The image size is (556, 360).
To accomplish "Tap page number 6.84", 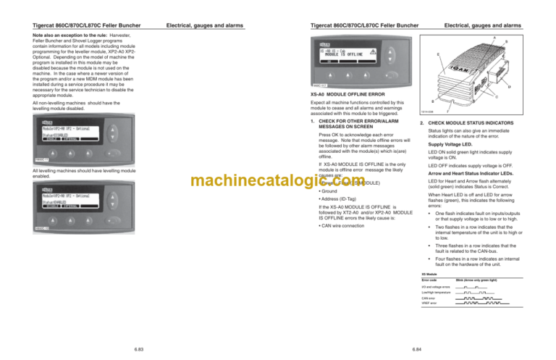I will click(418, 348).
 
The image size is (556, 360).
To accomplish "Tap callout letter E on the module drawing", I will click(438, 54).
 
